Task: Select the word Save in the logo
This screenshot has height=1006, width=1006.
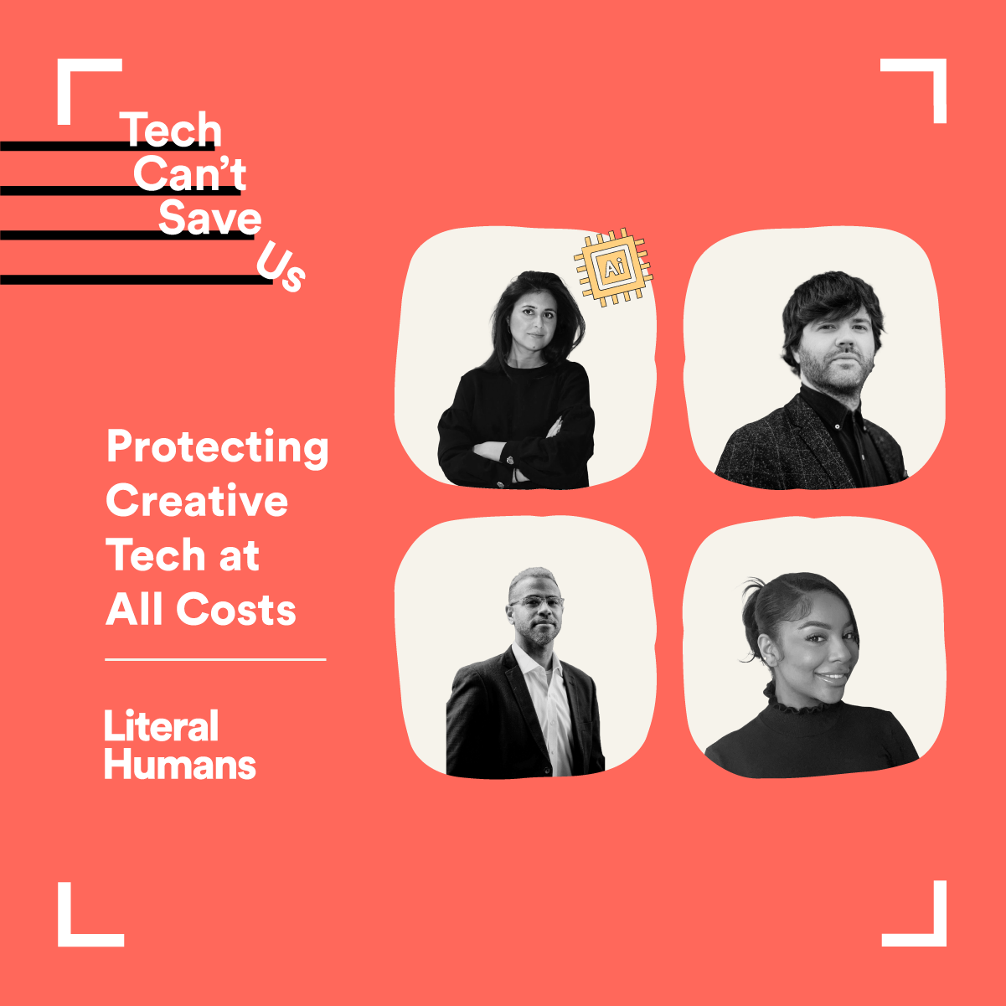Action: [x=210, y=217]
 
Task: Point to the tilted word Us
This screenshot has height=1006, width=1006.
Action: [x=281, y=266]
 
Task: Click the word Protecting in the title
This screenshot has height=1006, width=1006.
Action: [x=217, y=448]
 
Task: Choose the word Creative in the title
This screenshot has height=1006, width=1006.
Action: [x=197, y=500]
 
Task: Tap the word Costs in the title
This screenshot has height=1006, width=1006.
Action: [x=236, y=609]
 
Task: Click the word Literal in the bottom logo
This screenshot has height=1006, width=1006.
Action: [x=161, y=725]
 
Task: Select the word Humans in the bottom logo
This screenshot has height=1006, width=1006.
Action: [x=180, y=765]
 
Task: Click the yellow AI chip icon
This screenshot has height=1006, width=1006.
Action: [x=613, y=268]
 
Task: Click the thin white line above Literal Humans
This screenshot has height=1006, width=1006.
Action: [x=215, y=659]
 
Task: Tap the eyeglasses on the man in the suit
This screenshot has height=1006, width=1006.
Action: [x=537, y=603]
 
